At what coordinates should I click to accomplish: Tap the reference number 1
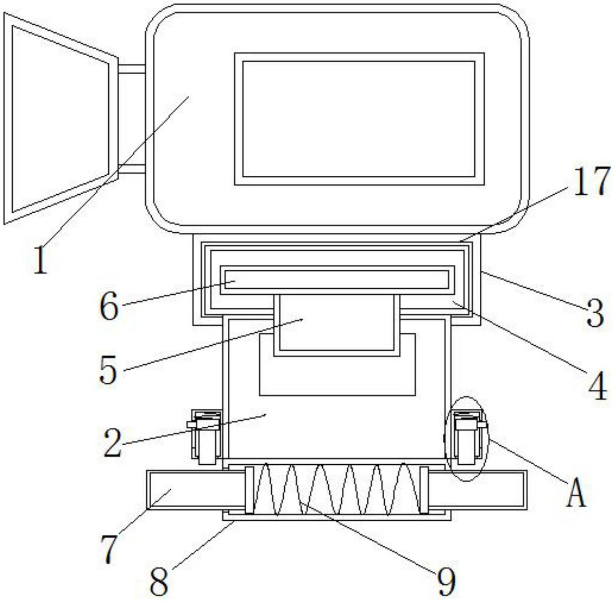[40, 260]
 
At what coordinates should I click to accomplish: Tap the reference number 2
[113, 442]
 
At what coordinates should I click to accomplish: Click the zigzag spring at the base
[336, 489]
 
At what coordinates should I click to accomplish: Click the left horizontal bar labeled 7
[195, 490]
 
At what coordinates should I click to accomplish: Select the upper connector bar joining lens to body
[132, 69]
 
